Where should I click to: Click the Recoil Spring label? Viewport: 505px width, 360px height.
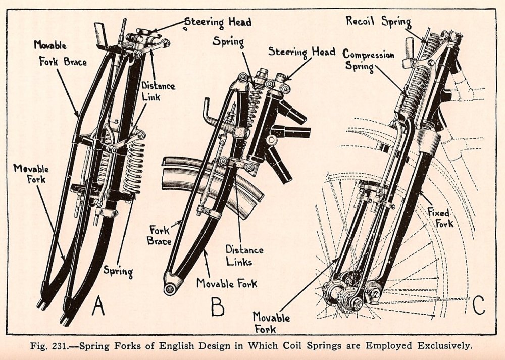(x=378, y=21)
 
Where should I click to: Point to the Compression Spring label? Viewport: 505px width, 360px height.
(x=368, y=60)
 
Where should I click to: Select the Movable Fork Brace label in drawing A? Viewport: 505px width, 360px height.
(x=60, y=54)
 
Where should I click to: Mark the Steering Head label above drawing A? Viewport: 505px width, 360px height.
(x=218, y=22)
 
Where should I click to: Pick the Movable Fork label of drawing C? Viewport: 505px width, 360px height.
(x=272, y=323)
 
